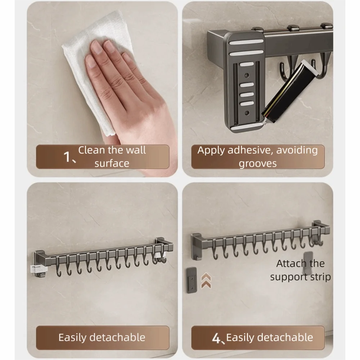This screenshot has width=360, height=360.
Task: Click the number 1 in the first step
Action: (x=67, y=157)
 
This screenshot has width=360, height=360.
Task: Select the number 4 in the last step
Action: (x=216, y=338)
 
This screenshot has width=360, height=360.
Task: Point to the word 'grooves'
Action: (x=257, y=163)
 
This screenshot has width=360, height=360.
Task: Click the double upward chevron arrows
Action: (x=206, y=280)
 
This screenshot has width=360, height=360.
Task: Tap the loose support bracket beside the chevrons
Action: (x=192, y=280)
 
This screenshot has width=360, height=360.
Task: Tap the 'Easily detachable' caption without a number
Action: (x=102, y=337)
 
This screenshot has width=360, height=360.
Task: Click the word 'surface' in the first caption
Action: (x=112, y=163)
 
